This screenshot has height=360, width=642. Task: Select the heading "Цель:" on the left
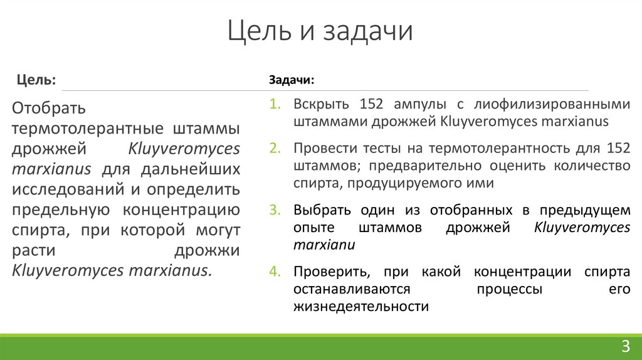click(x=36, y=80)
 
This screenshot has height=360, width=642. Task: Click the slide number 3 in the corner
click(x=625, y=346)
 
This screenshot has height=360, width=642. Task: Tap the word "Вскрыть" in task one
click(x=318, y=104)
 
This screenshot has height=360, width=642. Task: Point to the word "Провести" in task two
click(x=322, y=149)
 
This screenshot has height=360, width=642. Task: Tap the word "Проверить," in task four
click(x=327, y=272)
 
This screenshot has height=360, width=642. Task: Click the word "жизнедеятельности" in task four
click(x=360, y=307)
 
